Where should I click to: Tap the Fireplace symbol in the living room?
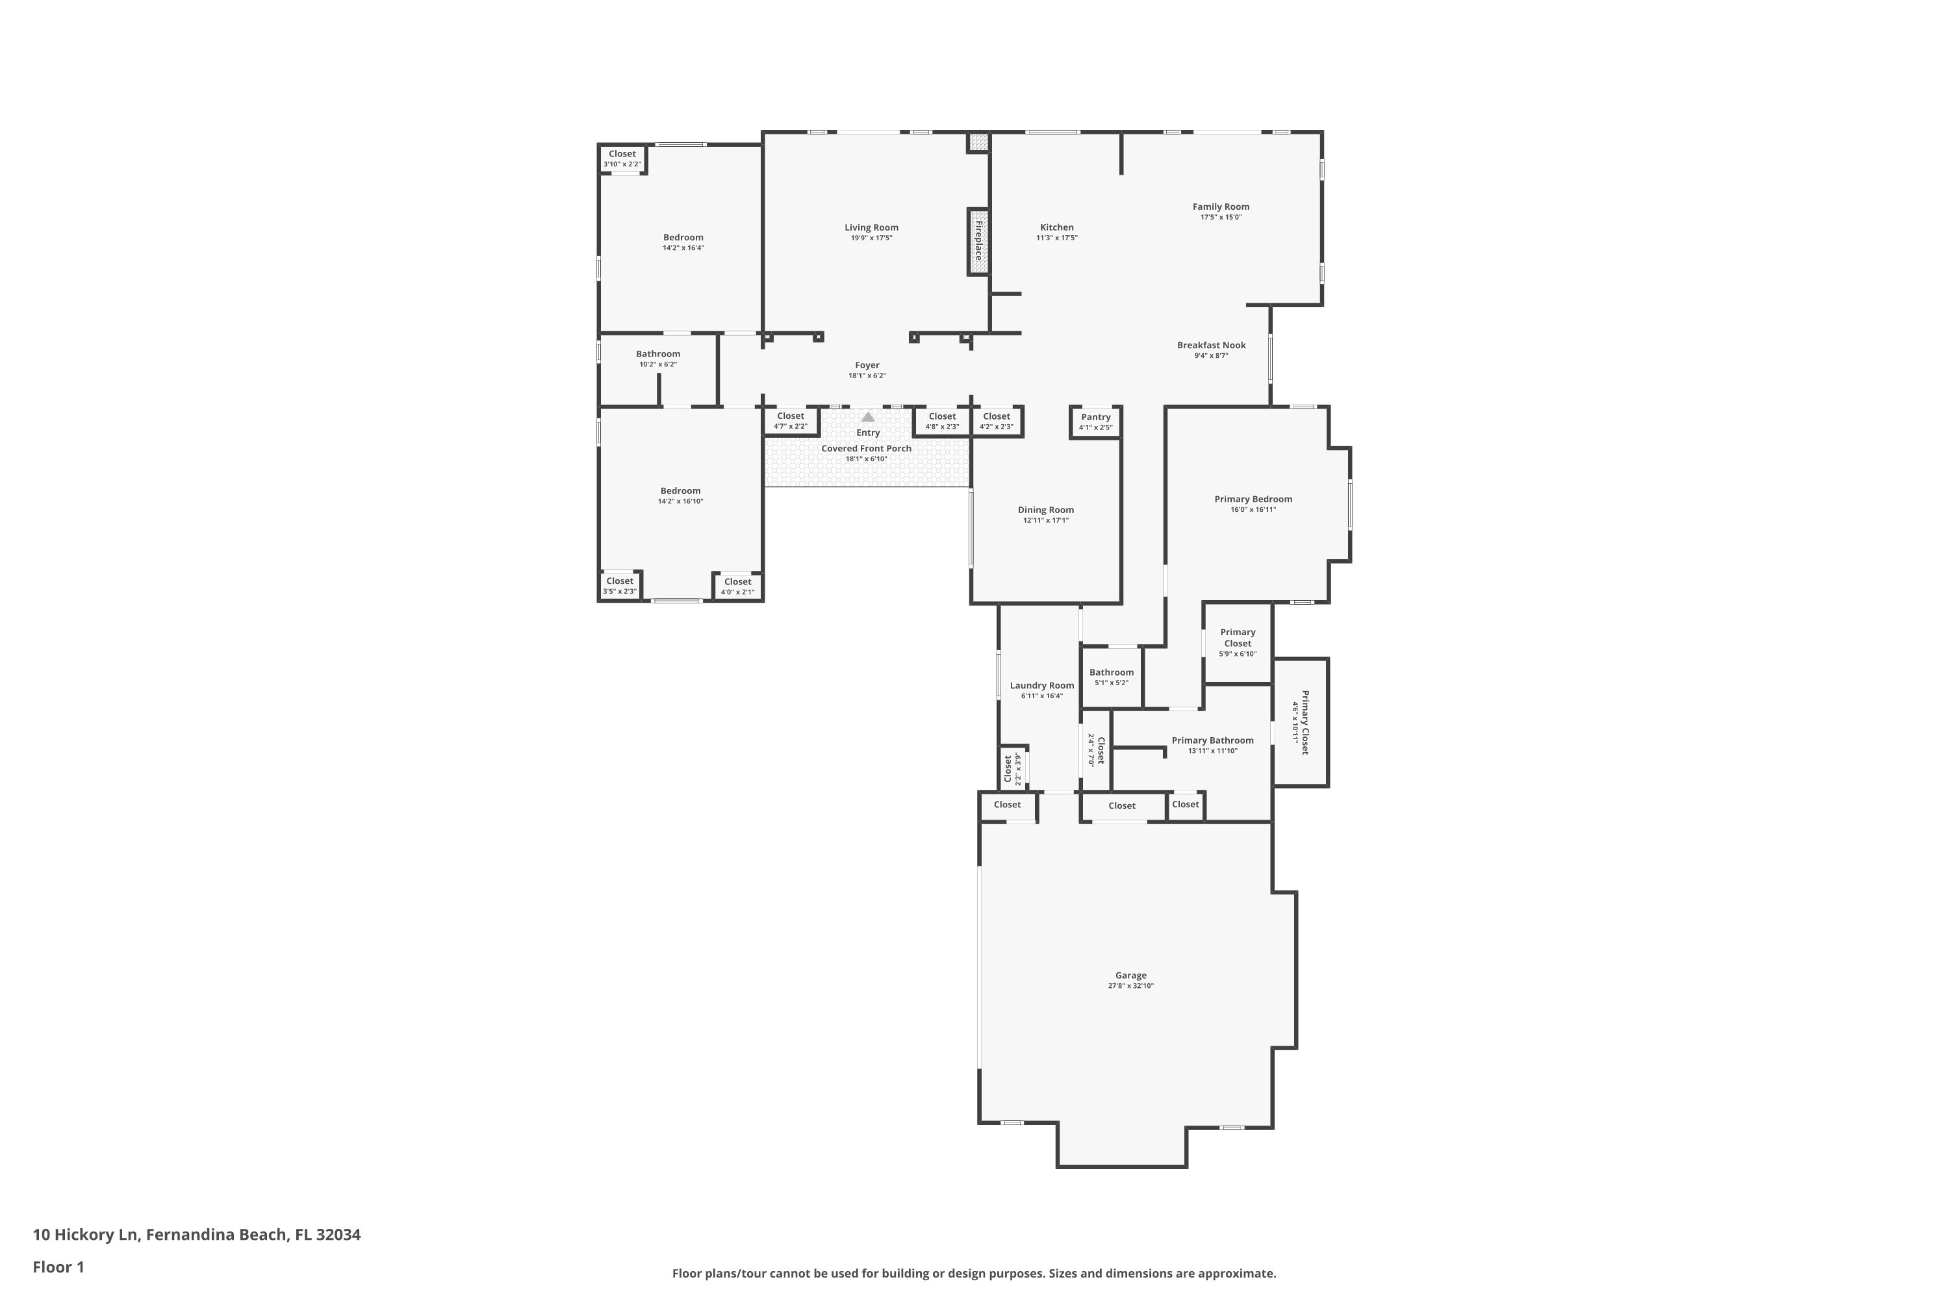(978, 241)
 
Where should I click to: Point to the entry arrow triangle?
(867, 417)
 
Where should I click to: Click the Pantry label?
(1095, 418)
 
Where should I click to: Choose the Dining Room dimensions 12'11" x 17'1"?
(1046, 521)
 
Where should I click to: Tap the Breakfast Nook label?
(1212, 346)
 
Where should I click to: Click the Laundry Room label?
(1041, 686)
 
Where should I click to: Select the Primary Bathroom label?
(1212, 740)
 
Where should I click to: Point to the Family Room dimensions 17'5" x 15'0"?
(1221, 218)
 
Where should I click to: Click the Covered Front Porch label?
(866, 449)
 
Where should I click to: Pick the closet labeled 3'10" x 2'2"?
(622, 158)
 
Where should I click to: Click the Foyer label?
(867, 365)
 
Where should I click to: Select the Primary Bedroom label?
(1253, 499)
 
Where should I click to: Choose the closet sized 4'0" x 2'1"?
(737, 586)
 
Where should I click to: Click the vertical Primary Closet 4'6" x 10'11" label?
(1299, 722)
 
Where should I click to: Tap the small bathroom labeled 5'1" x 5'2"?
(1111, 677)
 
